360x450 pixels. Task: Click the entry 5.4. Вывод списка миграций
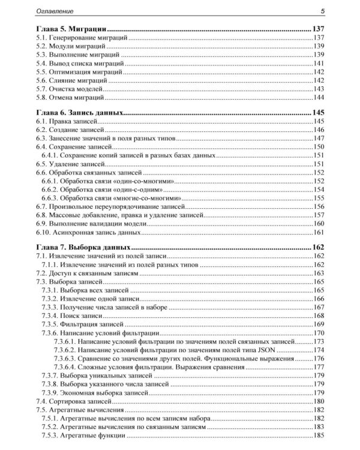[80, 63]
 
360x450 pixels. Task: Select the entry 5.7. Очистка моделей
[72, 88]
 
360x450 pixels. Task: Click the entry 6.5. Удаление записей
[70, 164]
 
